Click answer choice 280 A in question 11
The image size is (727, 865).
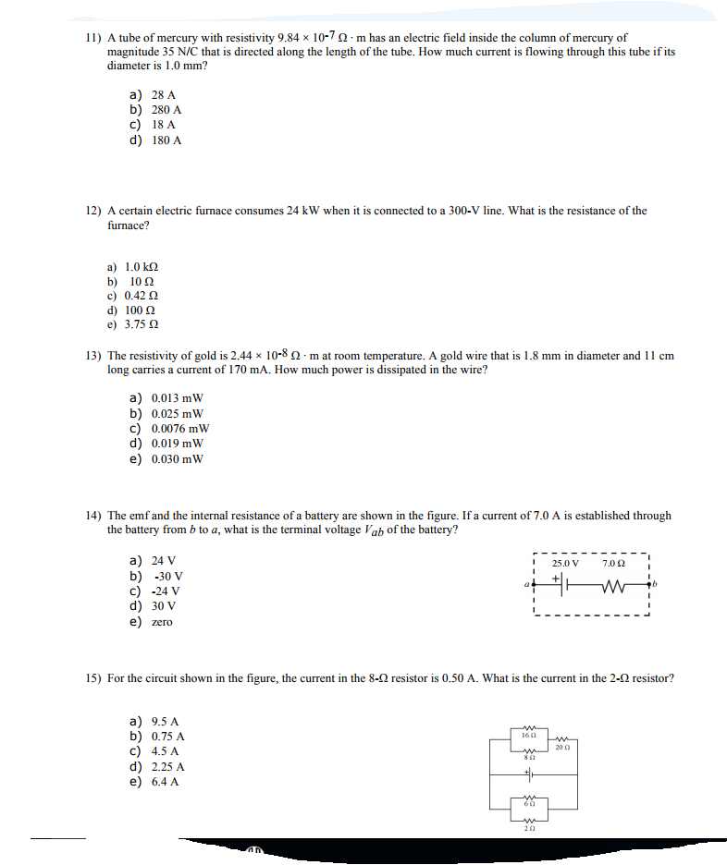point(166,109)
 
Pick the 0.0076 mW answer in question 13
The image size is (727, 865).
point(179,429)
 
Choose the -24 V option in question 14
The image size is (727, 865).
point(166,591)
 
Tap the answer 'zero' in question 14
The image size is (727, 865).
point(162,622)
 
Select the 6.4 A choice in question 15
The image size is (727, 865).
point(166,782)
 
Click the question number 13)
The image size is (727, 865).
point(92,355)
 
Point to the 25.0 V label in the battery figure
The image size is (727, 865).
point(565,563)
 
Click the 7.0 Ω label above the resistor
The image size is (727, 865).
point(613,563)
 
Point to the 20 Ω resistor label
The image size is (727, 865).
point(562,747)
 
